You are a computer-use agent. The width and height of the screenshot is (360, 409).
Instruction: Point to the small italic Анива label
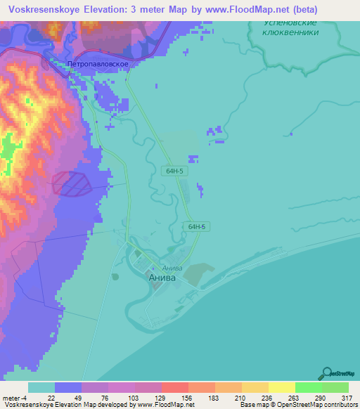point(172,268)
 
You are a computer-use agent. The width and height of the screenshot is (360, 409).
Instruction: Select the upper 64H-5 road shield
point(175,171)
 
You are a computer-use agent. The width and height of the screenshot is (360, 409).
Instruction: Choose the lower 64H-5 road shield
point(196,226)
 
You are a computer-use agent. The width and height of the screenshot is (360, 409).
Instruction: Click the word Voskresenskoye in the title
point(43,10)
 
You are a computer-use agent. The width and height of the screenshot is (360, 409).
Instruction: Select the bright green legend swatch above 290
point(308,387)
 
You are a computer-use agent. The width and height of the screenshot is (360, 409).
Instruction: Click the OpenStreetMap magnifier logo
point(326,372)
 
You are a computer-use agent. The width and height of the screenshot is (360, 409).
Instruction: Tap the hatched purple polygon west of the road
point(72,183)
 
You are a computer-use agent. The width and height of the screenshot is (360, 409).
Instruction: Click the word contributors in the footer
point(338,405)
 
